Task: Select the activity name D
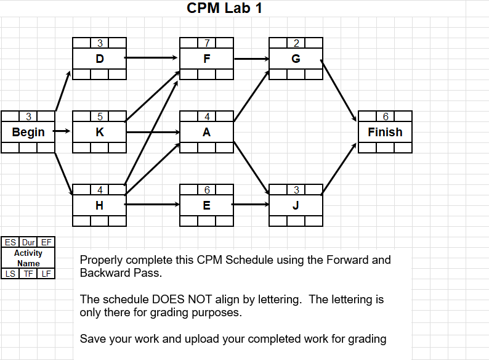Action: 100,59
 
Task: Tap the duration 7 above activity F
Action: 207,43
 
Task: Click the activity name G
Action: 296,59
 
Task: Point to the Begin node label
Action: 28,132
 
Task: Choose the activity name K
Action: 100,132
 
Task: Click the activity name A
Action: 207,132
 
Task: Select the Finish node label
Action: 385,132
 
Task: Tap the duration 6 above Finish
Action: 386,117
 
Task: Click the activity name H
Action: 100,205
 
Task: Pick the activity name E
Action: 207,205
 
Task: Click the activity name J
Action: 296,205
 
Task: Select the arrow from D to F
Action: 153,58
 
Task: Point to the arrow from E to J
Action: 251,203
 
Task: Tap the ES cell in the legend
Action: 10,242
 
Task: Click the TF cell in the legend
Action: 28,274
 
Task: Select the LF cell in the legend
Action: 46,274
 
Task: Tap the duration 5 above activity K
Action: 100,117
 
